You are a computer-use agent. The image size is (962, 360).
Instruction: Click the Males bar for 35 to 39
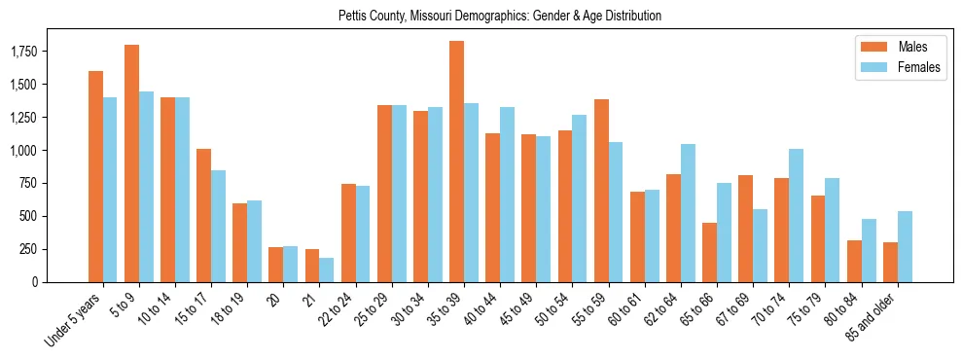point(456,162)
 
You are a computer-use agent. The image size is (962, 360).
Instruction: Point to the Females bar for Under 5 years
point(110,190)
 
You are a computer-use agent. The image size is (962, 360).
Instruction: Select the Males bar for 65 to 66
point(709,252)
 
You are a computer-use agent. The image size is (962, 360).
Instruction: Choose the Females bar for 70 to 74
point(796,215)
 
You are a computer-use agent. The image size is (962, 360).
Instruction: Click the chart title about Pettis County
point(500,16)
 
